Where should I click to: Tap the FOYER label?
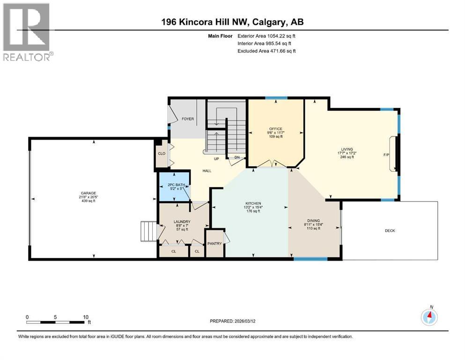(x=188, y=119)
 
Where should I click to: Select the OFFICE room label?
(x=275, y=129)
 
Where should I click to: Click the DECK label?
(x=390, y=230)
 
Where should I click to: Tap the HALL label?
(x=207, y=171)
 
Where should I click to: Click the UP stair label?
(x=216, y=159)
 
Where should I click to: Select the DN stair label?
(x=237, y=158)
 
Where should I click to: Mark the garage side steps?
(x=148, y=231)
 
